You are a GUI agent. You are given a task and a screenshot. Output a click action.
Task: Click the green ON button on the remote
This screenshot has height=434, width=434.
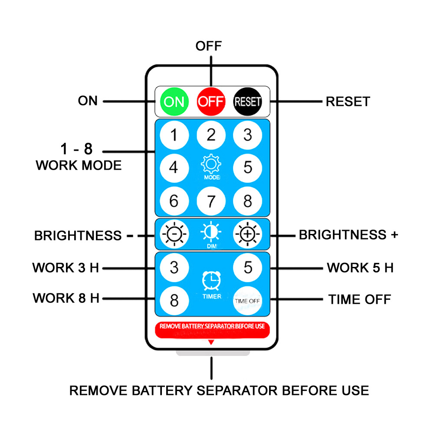(x=174, y=102)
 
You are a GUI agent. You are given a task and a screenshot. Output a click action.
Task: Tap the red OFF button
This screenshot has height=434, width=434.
(x=211, y=102)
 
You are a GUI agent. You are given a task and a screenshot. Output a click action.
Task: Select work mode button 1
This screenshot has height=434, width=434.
(x=174, y=135)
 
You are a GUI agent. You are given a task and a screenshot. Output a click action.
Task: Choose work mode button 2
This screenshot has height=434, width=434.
(x=211, y=135)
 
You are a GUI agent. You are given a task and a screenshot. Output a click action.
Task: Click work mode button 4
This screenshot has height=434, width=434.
(x=174, y=168)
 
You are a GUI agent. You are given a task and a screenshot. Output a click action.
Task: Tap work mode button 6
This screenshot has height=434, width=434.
(x=174, y=201)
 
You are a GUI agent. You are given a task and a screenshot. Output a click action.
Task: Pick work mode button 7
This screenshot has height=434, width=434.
(x=211, y=201)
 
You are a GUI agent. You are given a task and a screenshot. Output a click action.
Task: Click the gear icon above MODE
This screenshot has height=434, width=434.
(x=211, y=165)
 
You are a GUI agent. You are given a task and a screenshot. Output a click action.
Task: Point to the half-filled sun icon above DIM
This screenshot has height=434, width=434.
(x=211, y=233)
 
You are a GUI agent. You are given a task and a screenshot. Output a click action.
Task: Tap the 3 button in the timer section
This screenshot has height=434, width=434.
(x=174, y=267)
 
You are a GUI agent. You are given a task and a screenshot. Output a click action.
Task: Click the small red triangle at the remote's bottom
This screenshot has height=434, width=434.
(x=211, y=342)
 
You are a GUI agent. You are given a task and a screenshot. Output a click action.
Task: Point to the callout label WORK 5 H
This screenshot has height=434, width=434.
(x=360, y=268)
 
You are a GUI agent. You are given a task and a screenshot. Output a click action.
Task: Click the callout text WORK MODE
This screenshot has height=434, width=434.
(x=79, y=165)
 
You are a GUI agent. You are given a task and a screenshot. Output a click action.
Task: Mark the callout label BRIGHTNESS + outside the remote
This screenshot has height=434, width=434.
(x=349, y=235)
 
